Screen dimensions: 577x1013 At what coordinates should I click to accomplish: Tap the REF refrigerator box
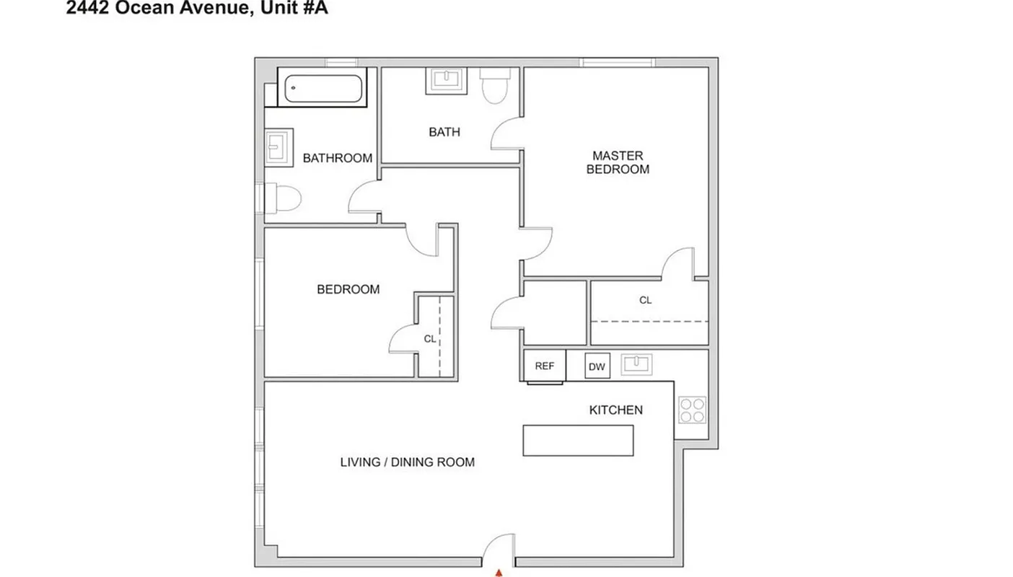[x=544, y=366]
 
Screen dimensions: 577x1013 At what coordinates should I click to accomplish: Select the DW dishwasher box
[x=597, y=367]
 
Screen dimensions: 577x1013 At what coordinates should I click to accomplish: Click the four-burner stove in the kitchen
[x=692, y=410]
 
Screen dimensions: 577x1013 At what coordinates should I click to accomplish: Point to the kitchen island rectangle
[x=578, y=441]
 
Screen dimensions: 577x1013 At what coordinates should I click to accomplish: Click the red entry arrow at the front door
[x=498, y=573]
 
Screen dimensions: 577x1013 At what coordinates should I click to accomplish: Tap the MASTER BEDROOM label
[x=618, y=162]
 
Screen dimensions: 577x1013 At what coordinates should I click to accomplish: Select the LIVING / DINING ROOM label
[x=407, y=462]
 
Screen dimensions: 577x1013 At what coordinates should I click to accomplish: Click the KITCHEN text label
[x=615, y=410]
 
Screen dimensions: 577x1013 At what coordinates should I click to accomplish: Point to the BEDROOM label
[x=348, y=289]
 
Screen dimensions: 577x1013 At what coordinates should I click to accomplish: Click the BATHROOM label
[x=337, y=158]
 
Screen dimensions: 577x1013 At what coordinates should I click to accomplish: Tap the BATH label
[x=444, y=132]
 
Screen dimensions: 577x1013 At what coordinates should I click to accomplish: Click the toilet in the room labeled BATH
[x=495, y=85]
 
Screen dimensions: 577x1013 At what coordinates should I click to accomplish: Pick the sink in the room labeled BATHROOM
[x=279, y=147]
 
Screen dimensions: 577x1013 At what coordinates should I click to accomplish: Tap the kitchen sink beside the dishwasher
[x=636, y=364]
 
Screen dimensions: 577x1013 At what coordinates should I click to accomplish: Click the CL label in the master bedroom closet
[x=645, y=300]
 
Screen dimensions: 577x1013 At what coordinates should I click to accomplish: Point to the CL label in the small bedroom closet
[x=429, y=339]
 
